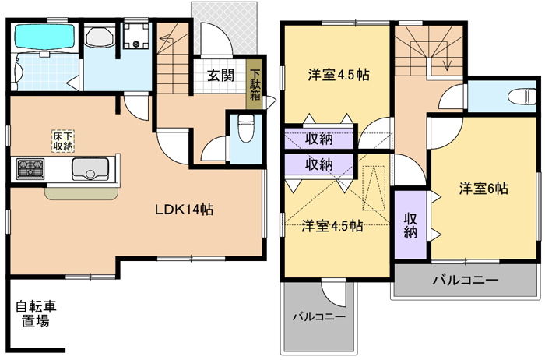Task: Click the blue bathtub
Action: tap(44, 37)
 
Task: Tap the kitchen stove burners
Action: tap(30, 168)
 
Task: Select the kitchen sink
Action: tap(90, 169)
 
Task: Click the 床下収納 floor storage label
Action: tap(63, 141)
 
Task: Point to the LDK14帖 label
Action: tap(184, 210)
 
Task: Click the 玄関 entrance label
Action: tap(220, 76)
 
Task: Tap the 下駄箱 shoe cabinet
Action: tap(255, 84)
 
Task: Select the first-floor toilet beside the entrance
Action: tap(246, 127)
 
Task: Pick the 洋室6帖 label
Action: tap(483, 188)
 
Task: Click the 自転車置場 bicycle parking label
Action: tap(36, 314)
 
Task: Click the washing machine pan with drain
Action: tap(136, 36)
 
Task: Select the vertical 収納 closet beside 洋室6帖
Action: tap(410, 224)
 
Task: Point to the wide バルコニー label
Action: tap(466, 280)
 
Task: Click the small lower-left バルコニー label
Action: tap(318, 317)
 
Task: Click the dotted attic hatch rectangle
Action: tap(374, 188)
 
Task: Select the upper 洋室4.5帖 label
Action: tap(338, 75)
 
